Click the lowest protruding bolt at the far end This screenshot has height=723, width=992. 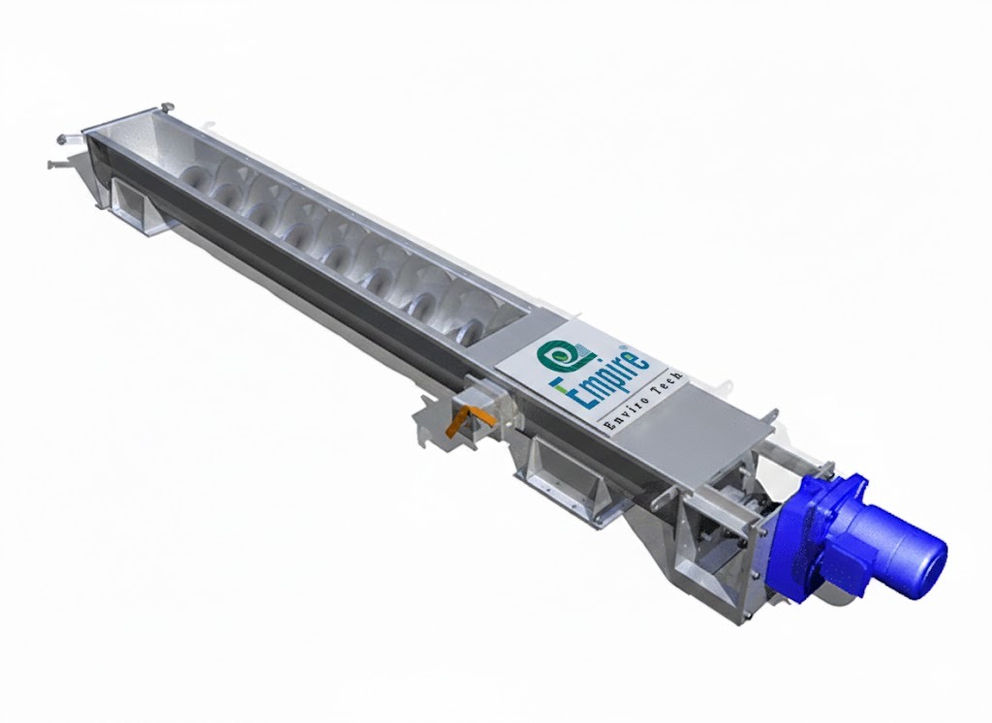(x=53, y=164)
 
